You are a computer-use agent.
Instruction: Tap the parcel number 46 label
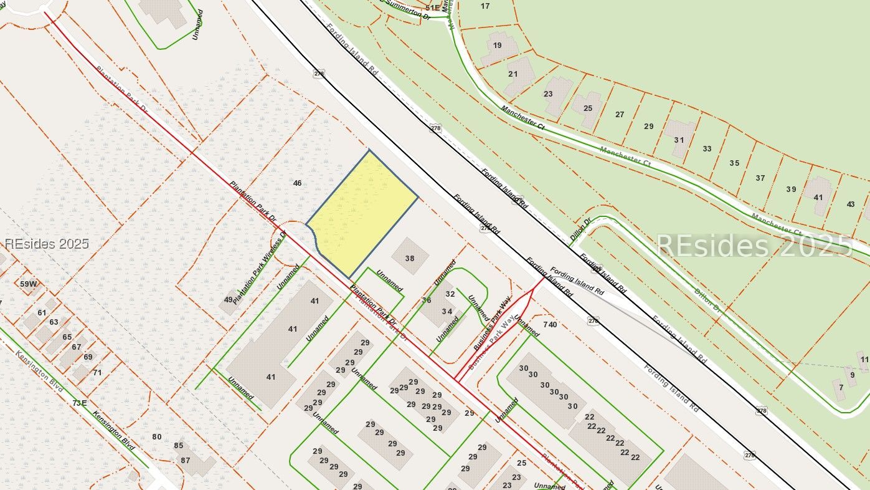pos(297,183)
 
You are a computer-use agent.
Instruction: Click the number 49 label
pos(229,300)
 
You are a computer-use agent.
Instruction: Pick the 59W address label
pos(29,284)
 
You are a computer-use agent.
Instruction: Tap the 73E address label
pos(79,403)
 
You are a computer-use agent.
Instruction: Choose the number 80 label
pos(157,436)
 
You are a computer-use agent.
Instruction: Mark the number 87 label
pos(186,461)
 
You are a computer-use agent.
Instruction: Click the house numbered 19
pos(497,46)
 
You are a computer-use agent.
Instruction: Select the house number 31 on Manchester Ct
pos(679,140)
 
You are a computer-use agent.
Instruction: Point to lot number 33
pos(707,149)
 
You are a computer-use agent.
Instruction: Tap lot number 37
pos(760,178)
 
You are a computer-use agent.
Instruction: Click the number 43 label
pos(851,204)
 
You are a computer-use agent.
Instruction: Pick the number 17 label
pos(485,6)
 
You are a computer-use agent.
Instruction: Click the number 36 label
pos(427,300)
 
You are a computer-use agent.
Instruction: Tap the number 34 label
pos(447,312)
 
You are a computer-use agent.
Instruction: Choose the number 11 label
pos(864,360)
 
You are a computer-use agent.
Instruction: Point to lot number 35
pos(734,163)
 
